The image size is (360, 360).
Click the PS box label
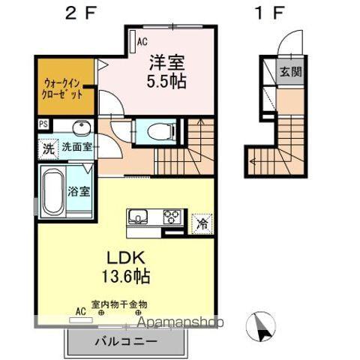pos(42,124)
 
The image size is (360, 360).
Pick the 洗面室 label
pos(77,147)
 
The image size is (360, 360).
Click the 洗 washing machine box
pos(48,147)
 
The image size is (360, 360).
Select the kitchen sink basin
pos(138,218)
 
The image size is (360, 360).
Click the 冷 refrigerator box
pos(202,223)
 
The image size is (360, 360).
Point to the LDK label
pos(126,255)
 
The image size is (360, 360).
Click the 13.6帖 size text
pos(126,275)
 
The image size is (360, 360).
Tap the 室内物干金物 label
pos(120,304)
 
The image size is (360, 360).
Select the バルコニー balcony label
pos(126,341)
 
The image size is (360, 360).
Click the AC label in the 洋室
pos(141,42)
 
